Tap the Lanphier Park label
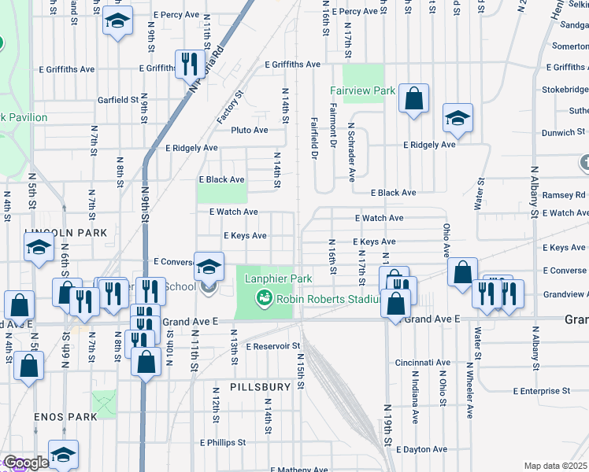[x=278, y=278]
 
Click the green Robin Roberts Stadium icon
[x=264, y=298]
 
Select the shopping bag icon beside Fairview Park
[x=413, y=99]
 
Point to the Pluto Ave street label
[x=249, y=130]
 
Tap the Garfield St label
[x=117, y=100]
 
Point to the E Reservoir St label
[x=273, y=346]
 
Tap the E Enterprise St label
[x=541, y=391]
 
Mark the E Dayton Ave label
[x=425, y=450]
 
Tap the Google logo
[x=26, y=463]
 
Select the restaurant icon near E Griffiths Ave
[x=188, y=65]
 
